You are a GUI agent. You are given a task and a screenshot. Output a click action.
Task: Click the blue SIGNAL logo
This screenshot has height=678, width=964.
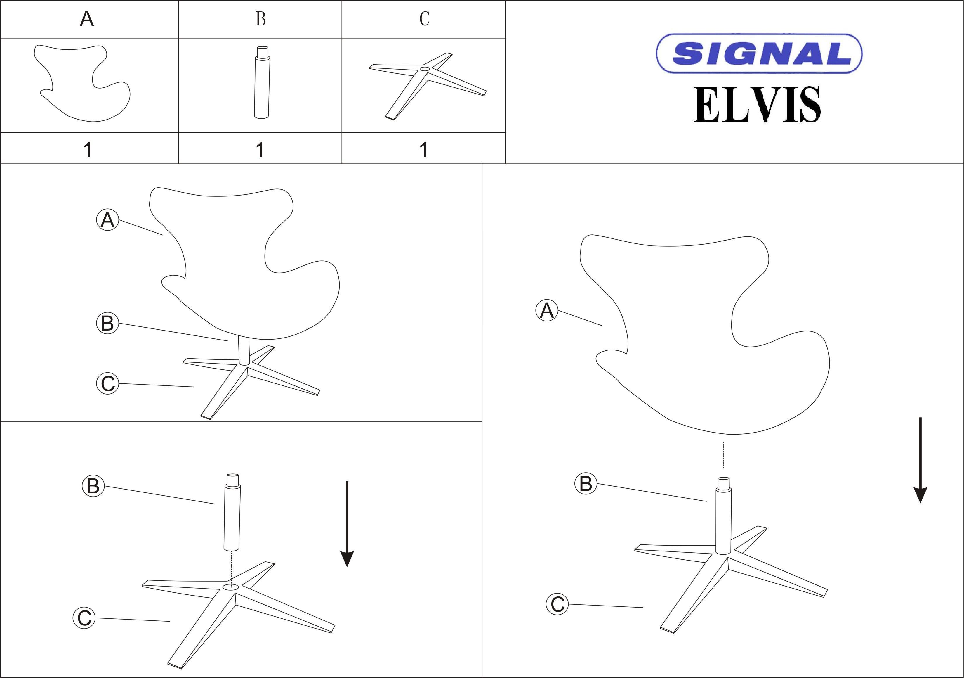(759, 53)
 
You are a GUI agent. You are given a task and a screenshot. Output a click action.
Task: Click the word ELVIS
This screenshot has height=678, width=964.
(757, 105)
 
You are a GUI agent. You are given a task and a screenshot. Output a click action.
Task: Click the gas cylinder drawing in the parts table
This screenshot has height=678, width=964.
(262, 82)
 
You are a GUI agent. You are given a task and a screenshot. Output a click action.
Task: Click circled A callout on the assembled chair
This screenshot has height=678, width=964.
(107, 220)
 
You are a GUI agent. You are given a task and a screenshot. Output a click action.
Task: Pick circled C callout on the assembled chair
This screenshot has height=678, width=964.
(107, 383)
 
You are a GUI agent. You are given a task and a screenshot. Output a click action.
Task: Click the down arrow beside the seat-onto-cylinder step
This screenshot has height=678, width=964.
(920, 460)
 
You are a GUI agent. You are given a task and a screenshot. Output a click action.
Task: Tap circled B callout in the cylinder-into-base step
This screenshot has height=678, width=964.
(93, 486)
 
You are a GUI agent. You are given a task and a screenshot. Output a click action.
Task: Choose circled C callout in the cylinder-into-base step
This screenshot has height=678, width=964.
(84, 618)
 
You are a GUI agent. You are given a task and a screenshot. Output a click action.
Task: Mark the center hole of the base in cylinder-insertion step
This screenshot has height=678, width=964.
(230, 587)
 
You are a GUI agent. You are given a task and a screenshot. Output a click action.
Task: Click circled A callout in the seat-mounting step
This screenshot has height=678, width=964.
(547, 311)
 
